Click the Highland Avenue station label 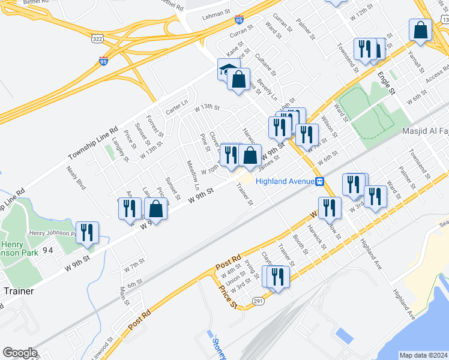[285, 182]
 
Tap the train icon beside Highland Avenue [321, 182]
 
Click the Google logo [20, 353]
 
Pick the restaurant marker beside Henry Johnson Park [87, 233]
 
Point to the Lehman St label [216, 12]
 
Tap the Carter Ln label [177, 108]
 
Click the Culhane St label [265, 64]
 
